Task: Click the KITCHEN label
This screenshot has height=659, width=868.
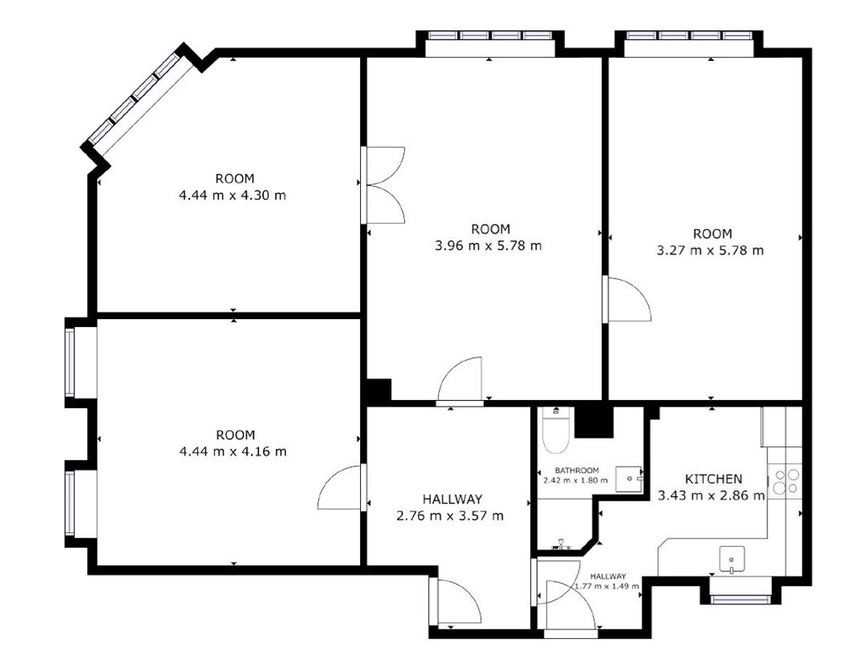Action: tap(713, 479)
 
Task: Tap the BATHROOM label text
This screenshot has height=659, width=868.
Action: tap(576, 470)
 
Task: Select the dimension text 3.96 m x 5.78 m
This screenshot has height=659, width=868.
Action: tap(488, 246)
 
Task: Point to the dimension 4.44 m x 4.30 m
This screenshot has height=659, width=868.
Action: tap(232, 195)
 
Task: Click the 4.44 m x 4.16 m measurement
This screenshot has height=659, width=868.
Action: tap(232, 451)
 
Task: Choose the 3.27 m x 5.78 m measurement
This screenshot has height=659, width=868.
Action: tap(710, 250)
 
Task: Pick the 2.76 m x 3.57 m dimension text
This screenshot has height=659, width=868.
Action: tap(450, 516)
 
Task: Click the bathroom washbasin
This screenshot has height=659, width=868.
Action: tap(629, 479)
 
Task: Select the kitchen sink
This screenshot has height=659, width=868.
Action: tap(731, 560)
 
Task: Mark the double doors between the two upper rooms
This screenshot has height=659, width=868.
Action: tap(383, 185)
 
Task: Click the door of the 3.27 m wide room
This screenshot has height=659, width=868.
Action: tap(626, 299)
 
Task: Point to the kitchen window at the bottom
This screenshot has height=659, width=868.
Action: tap(740, 600)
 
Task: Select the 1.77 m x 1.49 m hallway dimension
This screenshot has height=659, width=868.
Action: tap(607, 586)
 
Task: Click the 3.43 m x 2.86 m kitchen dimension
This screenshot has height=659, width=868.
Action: tap(711, 496)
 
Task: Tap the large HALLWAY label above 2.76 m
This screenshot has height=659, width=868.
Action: tap(452, 499)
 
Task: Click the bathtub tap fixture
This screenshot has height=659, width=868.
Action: tap(561, 545)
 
